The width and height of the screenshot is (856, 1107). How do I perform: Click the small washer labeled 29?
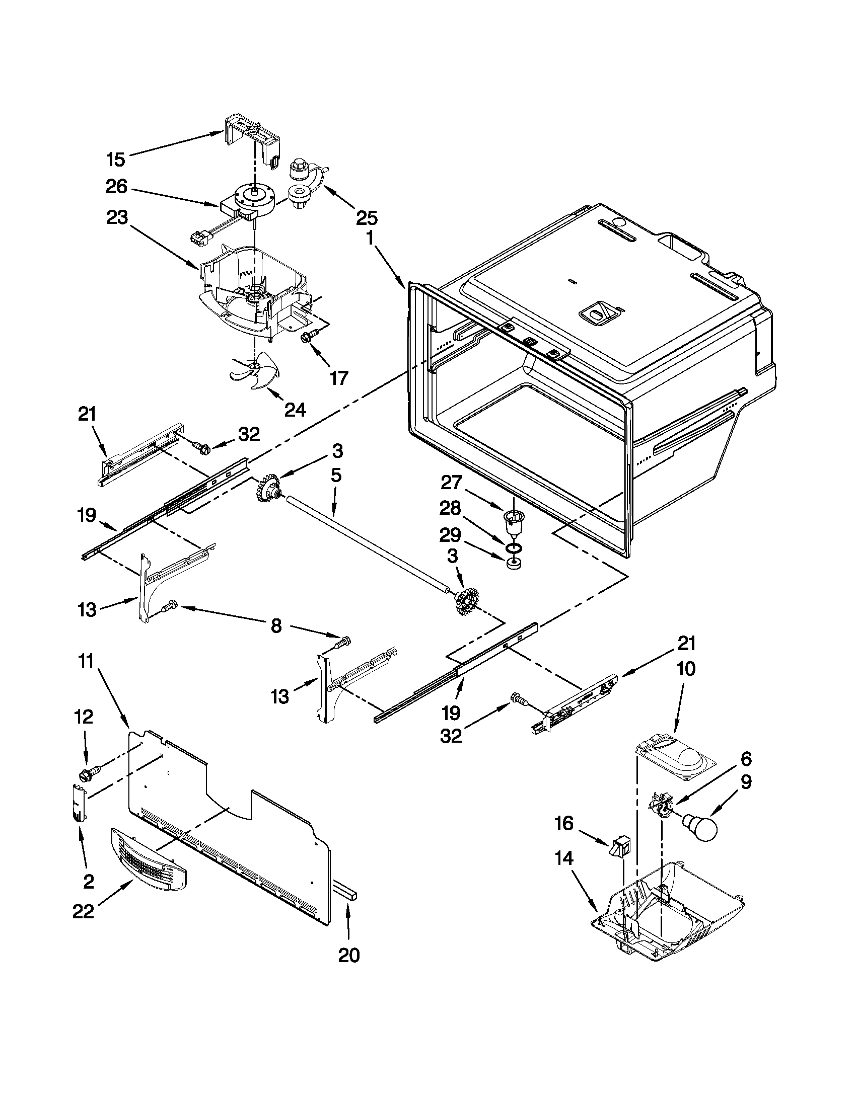tap(514, 563)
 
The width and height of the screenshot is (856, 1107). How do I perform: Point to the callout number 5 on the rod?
tap(336, 476)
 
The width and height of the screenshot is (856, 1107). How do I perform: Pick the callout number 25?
tap(367, 218)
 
